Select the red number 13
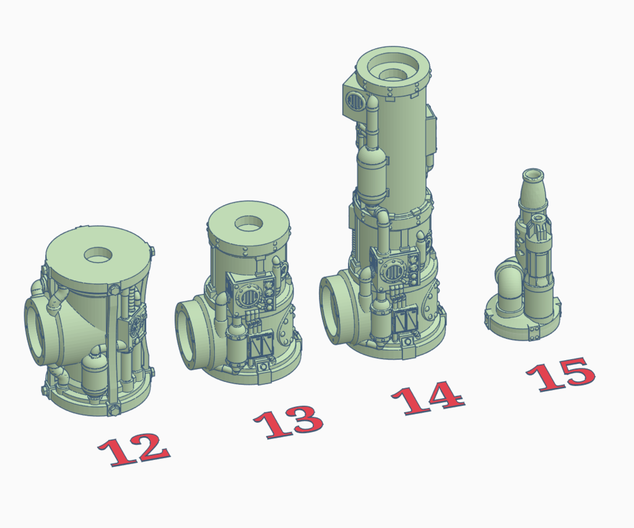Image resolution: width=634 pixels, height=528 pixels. point(289,421)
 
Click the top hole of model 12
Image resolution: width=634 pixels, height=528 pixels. point(100,254)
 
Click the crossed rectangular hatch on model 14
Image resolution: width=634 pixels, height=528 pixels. point(405,321)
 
